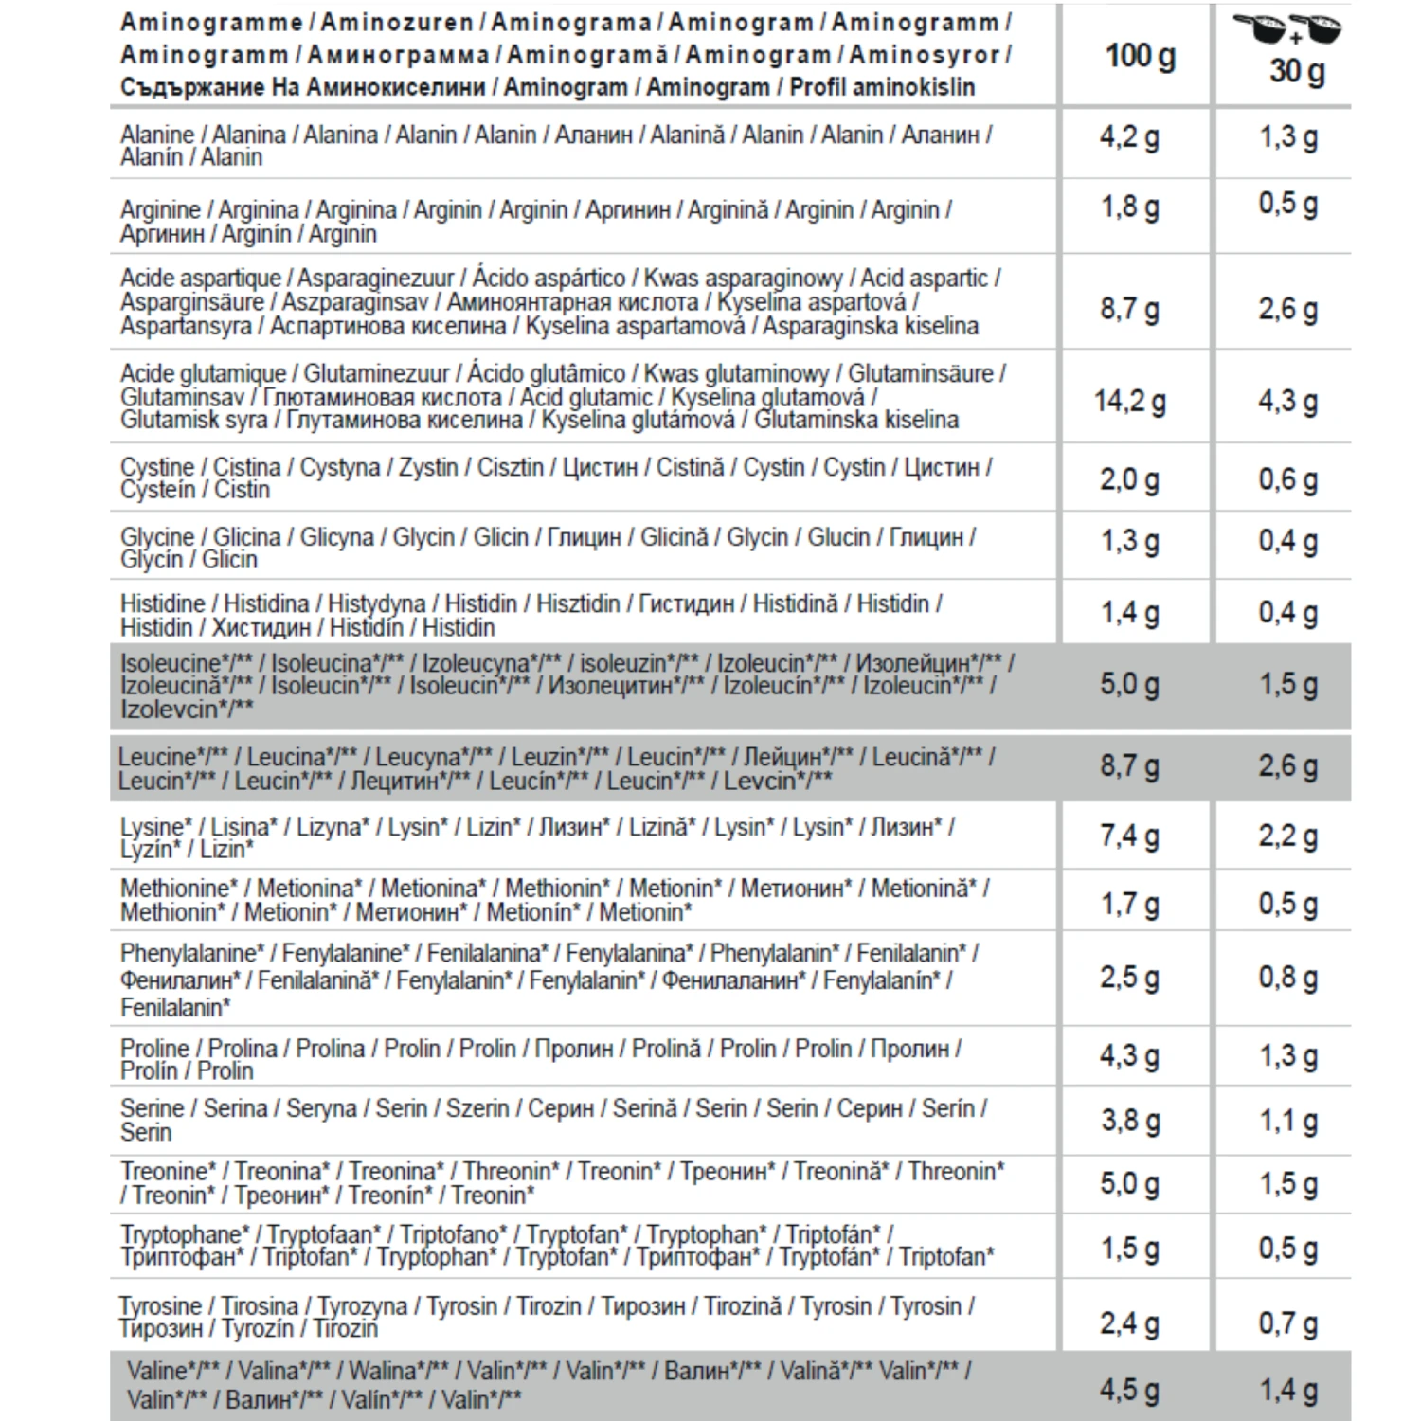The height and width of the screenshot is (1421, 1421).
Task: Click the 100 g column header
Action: click(1140, 57)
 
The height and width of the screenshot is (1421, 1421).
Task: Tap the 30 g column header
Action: click(1296, 71)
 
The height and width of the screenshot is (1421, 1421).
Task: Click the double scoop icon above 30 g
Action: click(1294, 29)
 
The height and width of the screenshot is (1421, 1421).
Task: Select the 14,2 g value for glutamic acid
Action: click(1130, 401)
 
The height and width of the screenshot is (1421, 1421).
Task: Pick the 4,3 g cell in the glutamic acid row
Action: click(1287, 401)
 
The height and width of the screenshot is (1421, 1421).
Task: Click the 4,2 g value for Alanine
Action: click(1129, 137)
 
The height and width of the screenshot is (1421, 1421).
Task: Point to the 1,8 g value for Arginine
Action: click(1129, 207)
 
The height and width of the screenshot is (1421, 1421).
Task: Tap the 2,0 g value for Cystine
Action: click(1129, 479)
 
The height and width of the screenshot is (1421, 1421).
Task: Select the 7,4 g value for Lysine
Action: click(1129, 836)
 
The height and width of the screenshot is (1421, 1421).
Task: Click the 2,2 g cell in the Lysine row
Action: click(1287, 836)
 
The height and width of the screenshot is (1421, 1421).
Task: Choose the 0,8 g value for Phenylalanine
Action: click(1287, 977)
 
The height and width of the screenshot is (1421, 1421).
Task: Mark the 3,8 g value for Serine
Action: click(1129, 1121)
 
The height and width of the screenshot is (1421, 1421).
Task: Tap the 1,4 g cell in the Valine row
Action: click(1287, 1390)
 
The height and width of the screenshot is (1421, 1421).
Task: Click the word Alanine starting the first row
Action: click(156, 135)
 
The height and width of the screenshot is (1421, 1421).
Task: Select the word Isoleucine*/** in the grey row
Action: click(184, 663)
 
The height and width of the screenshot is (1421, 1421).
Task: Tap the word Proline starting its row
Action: click(154, 1049)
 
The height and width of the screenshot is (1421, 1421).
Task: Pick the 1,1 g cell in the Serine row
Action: click(1287, 1121)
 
